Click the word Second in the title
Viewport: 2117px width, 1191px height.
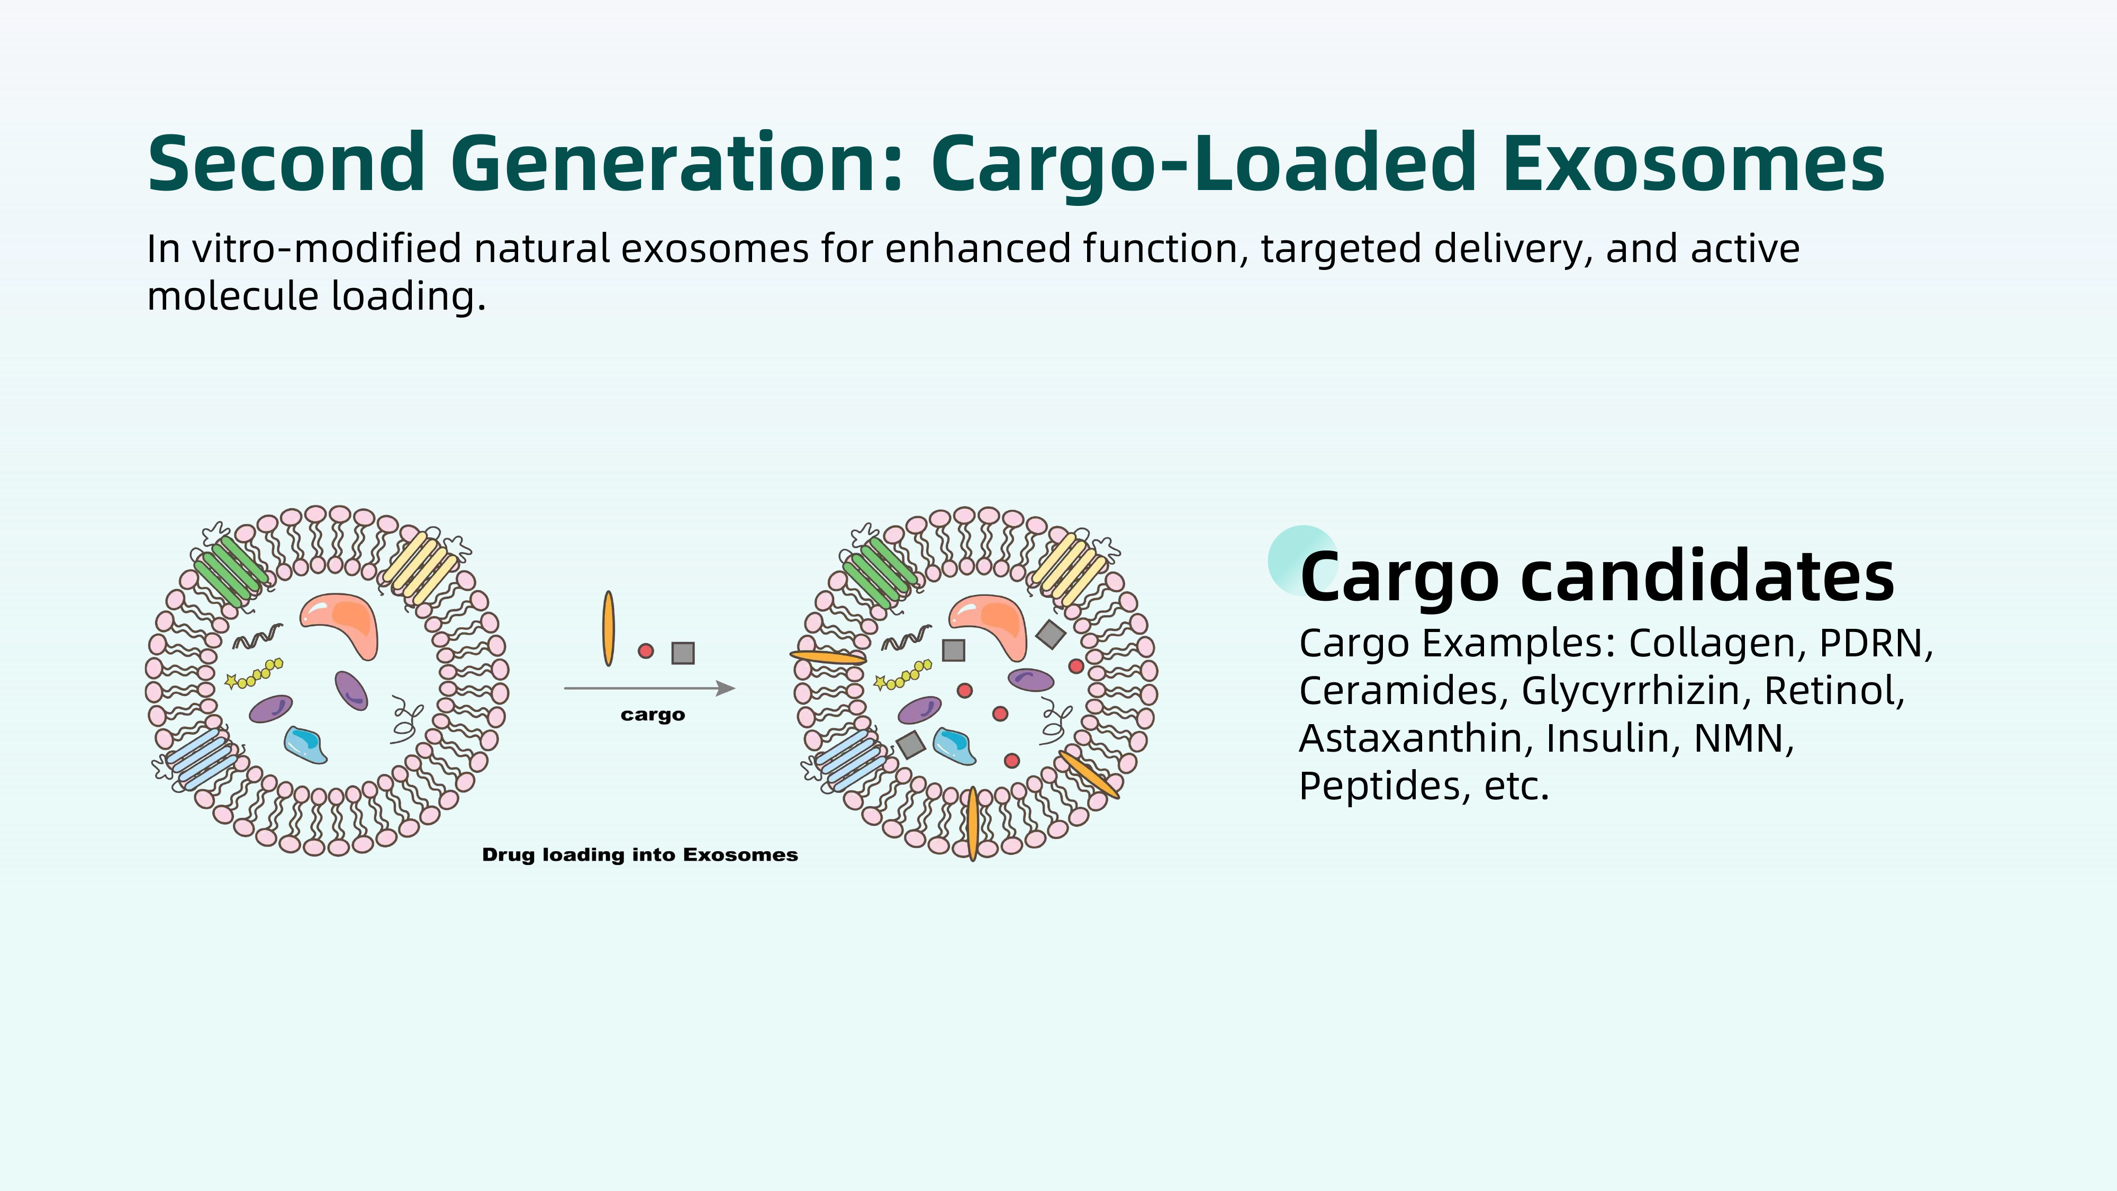tap(286, 163)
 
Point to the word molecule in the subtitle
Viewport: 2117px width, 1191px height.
tap(232, 296)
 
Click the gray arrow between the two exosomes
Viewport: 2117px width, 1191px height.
tap(649, 688)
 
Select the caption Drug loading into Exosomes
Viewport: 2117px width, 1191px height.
tap(639, 855)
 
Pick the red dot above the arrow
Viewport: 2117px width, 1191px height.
tap(646, 651)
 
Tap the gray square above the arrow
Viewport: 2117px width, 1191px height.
tap(683, 653)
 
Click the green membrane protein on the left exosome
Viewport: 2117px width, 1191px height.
tap(231, 571)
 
